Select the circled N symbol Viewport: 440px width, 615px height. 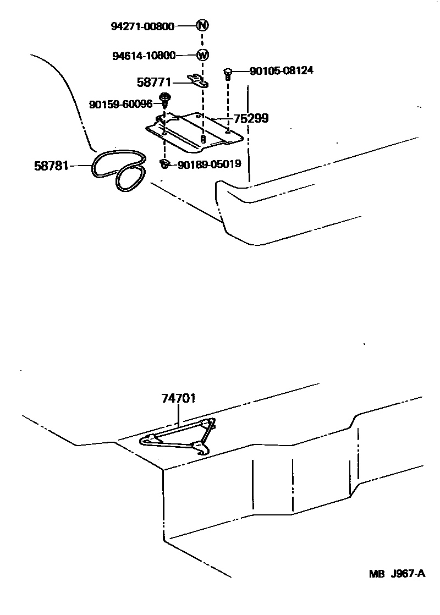point(202,25)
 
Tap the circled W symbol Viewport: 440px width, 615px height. point(202,55)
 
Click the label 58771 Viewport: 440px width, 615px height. point(155,83)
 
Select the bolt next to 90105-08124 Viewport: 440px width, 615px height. point(228,73)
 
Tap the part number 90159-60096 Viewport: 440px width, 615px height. point(120,104)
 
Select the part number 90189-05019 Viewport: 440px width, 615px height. point(209,164)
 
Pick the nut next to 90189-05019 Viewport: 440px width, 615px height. point(164,163)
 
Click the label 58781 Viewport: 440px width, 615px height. point(51,165)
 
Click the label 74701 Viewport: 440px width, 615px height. point(179,399)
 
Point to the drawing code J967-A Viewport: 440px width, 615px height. point(408,574)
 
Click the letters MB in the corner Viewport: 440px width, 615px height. point(376,574)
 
